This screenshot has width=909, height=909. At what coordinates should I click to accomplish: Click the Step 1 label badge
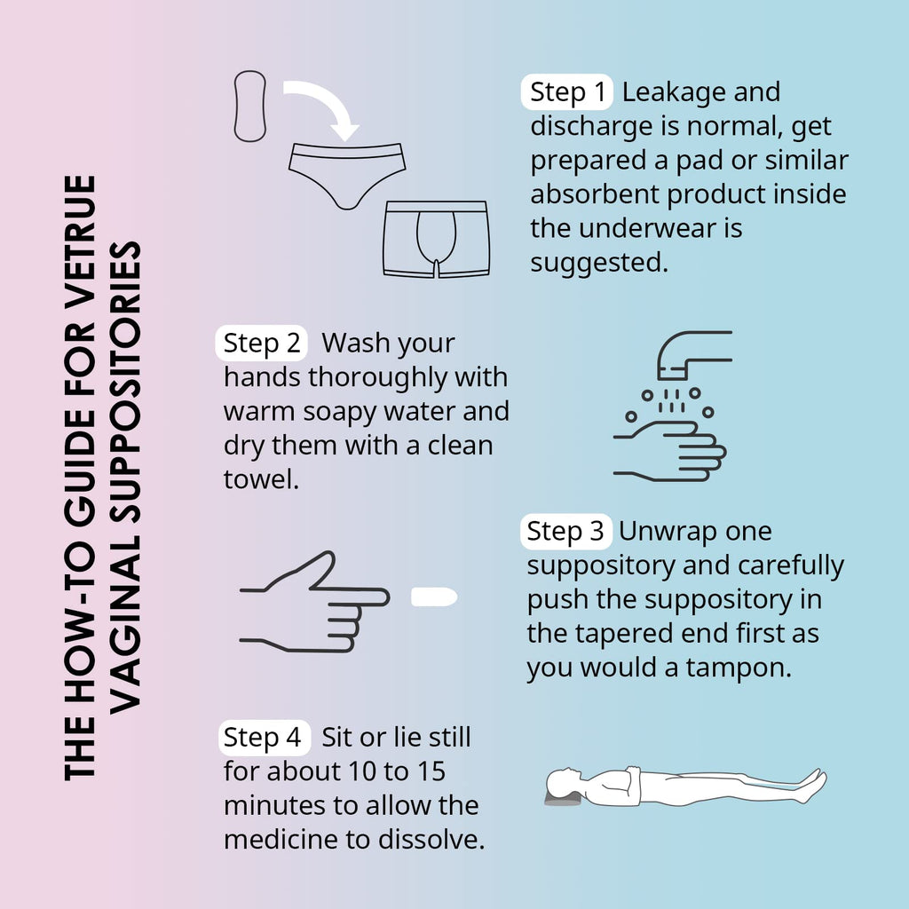click(567, 91)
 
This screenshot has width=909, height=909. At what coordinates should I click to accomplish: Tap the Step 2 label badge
click(262, 343)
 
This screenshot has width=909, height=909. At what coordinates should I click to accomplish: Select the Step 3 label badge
click(565, 531)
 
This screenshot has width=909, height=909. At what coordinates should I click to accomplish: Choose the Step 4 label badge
click(264, 738)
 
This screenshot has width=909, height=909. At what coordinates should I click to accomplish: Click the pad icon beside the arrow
click(249, 107)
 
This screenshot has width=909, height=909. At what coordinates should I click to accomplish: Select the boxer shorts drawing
click(436, 239)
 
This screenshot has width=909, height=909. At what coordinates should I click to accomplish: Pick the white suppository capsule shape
click(434, 597)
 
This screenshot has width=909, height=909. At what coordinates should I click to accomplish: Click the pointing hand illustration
click(314, 602)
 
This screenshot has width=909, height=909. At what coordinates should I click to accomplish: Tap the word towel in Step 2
click(261, 479)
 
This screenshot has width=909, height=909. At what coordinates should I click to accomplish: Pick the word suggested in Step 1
click(599, 263)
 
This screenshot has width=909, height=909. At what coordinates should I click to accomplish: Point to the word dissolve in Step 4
click(431, 840)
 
